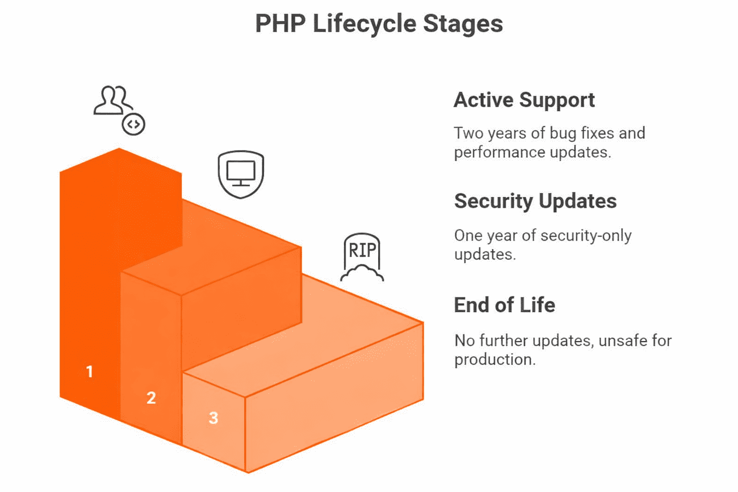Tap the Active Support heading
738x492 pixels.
point(524,100)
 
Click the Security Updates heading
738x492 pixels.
point(535,201)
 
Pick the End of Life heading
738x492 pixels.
point(504,305)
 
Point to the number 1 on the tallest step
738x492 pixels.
point(89,372)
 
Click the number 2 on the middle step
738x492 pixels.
point(150,398)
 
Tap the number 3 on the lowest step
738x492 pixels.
point(213,418)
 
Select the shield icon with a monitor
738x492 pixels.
point(241,174)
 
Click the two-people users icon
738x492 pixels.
point(113,100)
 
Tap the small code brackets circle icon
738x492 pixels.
point(133,124)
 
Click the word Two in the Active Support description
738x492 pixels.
point(467,133)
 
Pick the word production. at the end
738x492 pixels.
point(494,360)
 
